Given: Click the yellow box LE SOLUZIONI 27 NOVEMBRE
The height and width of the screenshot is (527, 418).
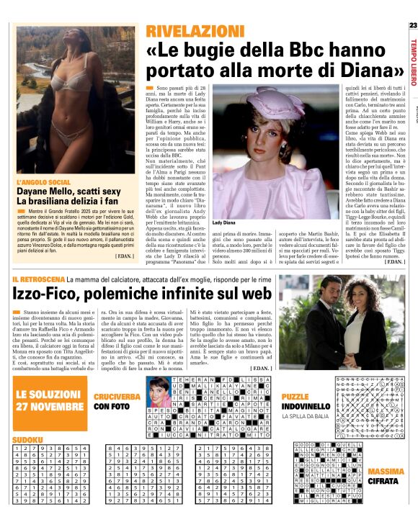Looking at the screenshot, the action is click(x=50, y=399).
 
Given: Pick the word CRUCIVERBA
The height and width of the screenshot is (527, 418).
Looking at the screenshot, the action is click(x=117, y=397).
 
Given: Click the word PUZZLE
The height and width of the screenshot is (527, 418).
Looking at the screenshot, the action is click(x=296, y=397).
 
